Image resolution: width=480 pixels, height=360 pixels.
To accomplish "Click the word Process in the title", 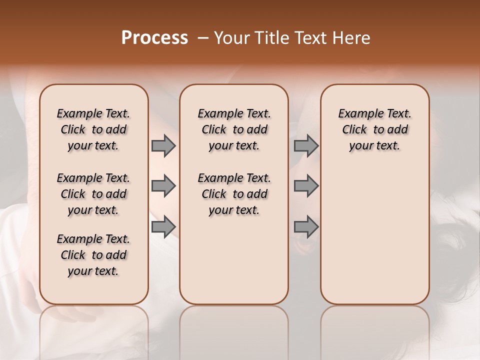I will pos(154,38).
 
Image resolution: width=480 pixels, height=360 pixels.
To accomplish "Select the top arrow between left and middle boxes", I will pos(163,146).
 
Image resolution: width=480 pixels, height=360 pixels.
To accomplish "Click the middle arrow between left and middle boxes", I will pos(163,186).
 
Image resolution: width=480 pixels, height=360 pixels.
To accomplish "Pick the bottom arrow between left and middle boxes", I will pos(163,226).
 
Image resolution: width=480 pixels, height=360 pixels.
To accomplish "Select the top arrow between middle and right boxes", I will pos(306,146).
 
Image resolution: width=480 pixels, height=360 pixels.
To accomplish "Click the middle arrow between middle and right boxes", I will pos(306,186).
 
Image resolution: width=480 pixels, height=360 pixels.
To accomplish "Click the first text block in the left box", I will pos(93,129).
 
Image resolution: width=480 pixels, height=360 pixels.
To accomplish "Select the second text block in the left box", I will pos(93,194).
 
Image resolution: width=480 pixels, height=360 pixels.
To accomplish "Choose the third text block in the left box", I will pos(93,255).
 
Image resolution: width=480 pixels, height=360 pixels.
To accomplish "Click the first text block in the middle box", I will pos(234,129).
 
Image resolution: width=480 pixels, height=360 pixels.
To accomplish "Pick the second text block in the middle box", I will pos(234,194).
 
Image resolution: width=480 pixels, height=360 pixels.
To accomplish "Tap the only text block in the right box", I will pos(374,129).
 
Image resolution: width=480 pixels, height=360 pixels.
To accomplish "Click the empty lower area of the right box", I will pos(374,235).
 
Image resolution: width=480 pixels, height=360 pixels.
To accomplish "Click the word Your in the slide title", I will pos(231,38).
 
